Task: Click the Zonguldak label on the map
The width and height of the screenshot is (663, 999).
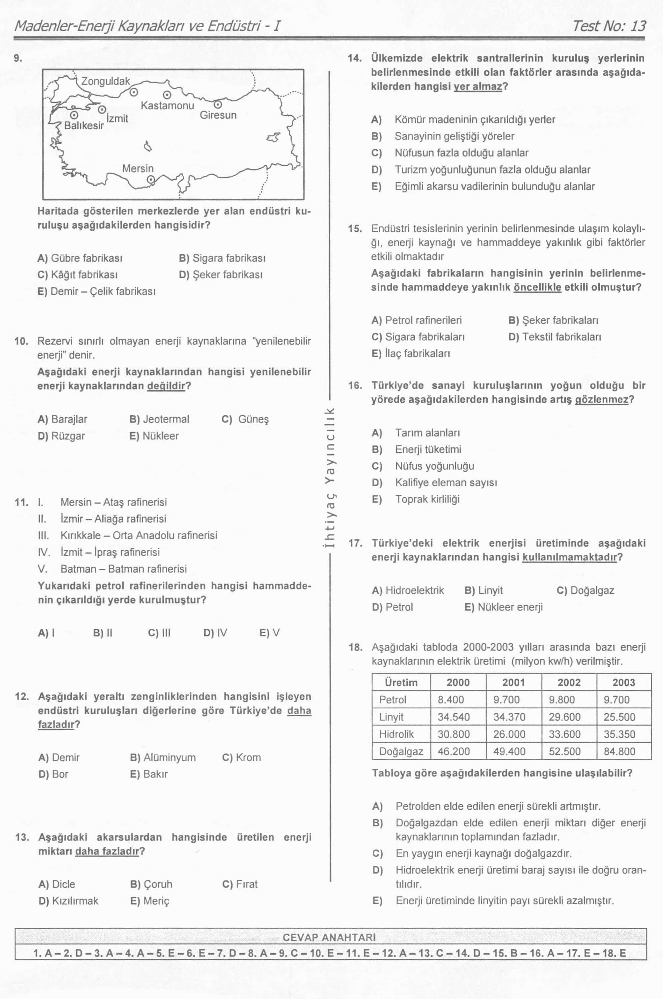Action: [105, 81]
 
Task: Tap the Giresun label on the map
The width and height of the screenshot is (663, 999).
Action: [218, 115]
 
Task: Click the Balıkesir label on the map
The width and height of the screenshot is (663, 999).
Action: [84, 126]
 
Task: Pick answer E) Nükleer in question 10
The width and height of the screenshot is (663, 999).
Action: [154, 436]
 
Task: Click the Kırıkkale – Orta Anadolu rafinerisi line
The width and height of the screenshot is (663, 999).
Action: [139, 535]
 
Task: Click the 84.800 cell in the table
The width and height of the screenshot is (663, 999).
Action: [619, 751]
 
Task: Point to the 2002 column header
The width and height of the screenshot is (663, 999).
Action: [569, 683]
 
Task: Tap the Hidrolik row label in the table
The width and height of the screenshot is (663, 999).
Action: [396, 734]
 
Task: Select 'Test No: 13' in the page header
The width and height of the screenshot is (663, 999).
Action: [609, 26]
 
